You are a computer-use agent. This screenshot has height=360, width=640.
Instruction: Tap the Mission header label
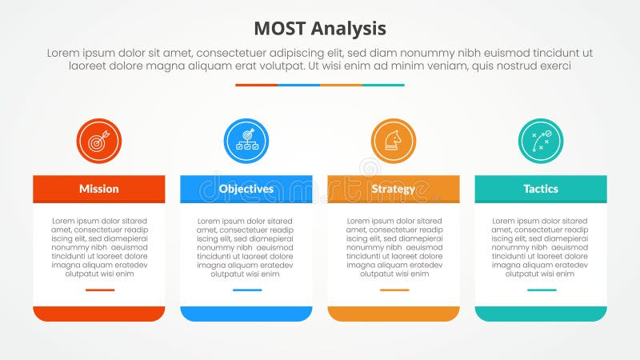pos(99,189)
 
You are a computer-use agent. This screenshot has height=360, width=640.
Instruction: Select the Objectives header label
pos(246,189)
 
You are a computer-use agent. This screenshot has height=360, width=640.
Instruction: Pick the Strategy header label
pos(393,189)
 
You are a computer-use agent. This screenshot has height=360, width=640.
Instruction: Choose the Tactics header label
pos(541,189)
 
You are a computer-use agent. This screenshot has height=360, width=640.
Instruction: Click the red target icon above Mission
pos(98,142)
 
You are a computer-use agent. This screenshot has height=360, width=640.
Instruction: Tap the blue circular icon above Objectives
pos(246,142)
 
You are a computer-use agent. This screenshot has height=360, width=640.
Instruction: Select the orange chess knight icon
pos(394,142)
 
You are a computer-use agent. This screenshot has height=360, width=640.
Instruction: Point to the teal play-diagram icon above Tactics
pos(541,142)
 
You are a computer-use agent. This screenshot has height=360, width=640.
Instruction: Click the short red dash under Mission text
pos(100,290)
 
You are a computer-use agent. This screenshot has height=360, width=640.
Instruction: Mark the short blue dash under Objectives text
pos(247,290)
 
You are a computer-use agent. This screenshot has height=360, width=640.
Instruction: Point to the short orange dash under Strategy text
pos(394,290)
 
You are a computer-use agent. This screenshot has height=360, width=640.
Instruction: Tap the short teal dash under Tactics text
pos(542,290)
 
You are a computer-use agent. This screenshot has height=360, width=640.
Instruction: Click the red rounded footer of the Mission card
pos(99,313)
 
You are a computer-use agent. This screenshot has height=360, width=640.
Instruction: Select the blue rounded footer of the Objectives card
pos(246,313)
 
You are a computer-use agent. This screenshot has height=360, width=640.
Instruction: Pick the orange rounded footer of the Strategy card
pos(394,313)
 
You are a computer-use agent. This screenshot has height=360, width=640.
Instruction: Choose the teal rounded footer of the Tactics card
pos(541,313)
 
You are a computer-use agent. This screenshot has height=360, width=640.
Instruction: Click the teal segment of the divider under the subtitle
pos(383,85)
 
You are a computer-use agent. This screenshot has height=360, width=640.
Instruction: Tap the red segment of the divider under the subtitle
pos(256,85)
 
